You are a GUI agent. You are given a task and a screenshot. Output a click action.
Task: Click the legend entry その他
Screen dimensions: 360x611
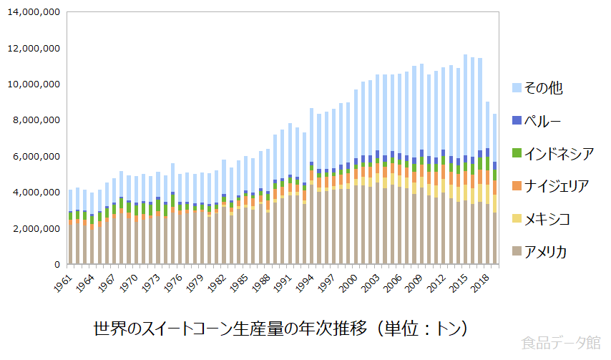[x=543, y=89]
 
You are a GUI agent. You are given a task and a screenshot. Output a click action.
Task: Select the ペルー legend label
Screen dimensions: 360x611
[x=543, y=121]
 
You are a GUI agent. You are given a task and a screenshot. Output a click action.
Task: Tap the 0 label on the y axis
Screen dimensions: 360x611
[x=57, y=264]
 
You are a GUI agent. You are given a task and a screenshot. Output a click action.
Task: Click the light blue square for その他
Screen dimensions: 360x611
[x=515, y=89]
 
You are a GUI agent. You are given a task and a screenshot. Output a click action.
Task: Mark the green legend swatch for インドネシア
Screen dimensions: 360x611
[x=515, y=154]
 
